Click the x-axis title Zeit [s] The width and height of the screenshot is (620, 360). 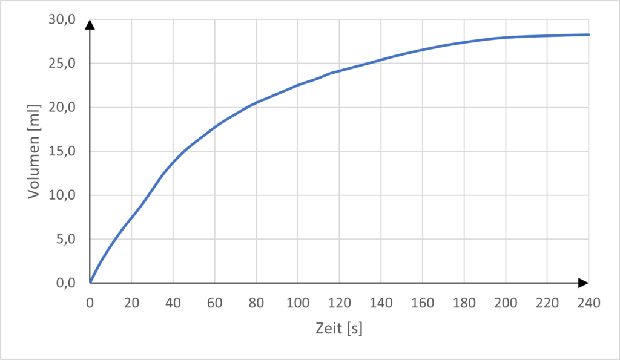coord(339,329)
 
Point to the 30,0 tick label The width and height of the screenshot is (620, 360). coord(62,20)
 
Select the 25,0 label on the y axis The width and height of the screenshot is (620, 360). coord(62,64)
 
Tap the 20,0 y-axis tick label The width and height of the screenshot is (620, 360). coord(62,108)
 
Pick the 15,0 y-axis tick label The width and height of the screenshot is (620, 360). coord(62,151)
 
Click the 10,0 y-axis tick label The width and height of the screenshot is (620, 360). coord(62,195)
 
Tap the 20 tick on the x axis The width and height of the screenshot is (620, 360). coord(131,302)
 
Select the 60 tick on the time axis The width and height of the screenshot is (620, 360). coord(214,302)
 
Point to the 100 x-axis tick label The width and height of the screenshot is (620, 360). coord(297,302)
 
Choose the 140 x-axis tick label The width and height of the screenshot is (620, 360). coord(381,302)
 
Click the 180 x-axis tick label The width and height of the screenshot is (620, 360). coord(464,302)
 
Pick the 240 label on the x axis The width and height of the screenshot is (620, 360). coord(588,302)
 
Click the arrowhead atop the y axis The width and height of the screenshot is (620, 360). coord(90,24)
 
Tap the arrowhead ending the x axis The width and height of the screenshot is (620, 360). coord(583,283)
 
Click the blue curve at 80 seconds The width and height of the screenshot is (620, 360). coord(256,103)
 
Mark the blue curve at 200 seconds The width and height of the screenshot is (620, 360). coord(505,38)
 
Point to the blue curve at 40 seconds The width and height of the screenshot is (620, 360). coord(173,162)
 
